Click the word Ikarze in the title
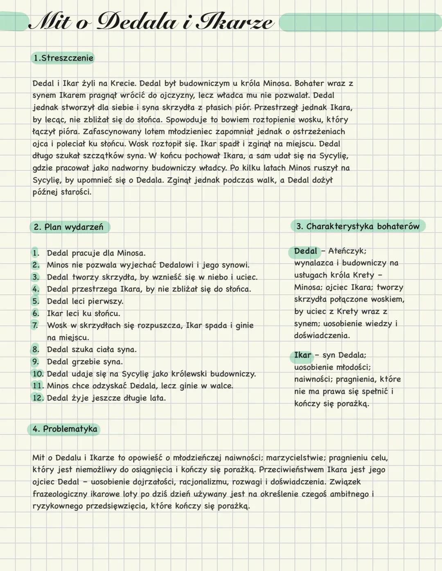234,21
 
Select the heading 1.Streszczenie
63,58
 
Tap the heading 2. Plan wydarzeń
69,227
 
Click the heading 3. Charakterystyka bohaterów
358,226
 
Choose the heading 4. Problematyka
65,429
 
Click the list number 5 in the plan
36,301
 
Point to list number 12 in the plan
38,398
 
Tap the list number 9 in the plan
36,362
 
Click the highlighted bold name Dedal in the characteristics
305,251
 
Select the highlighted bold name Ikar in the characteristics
302,355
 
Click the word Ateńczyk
347,251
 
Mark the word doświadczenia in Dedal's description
321,336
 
